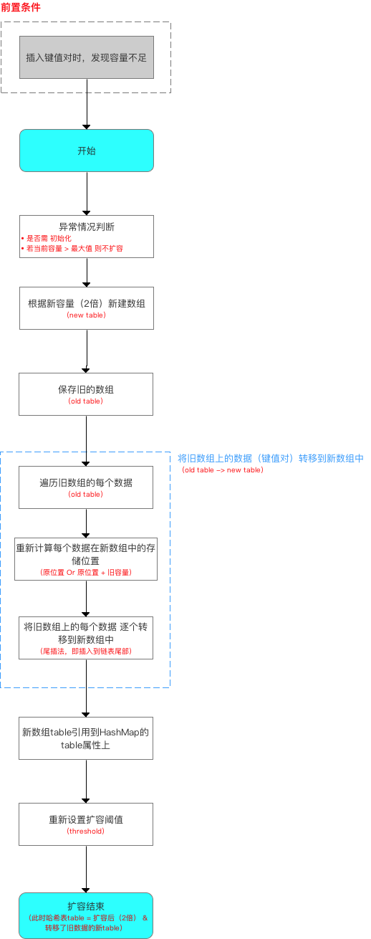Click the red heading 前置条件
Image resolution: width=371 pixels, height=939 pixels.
(21, 7)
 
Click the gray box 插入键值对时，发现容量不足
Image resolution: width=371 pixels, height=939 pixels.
(86, 57)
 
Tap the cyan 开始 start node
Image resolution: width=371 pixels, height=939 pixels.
(86, 151)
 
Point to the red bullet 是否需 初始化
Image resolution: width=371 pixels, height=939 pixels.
(47, 238)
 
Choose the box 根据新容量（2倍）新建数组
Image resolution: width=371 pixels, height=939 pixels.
(86, 302)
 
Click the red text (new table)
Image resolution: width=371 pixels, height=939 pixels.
(86, 315)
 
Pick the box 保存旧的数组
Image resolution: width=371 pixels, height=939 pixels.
(86, 389)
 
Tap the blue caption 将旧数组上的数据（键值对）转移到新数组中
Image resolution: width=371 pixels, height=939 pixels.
(271, 458)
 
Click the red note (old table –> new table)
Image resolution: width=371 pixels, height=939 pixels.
(223, 470)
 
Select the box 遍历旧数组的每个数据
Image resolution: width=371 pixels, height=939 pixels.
(86, 482)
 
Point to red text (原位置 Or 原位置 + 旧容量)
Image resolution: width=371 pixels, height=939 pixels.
(86, 573)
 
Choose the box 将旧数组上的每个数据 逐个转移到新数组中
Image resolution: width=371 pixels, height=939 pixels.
(86, 631)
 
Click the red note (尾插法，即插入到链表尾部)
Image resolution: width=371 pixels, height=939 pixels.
(86, 651)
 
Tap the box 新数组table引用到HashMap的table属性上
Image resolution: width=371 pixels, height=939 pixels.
(86, 738)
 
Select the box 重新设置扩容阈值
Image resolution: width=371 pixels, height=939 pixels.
(86, 819)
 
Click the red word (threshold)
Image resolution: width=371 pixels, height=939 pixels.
(86, 831)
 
